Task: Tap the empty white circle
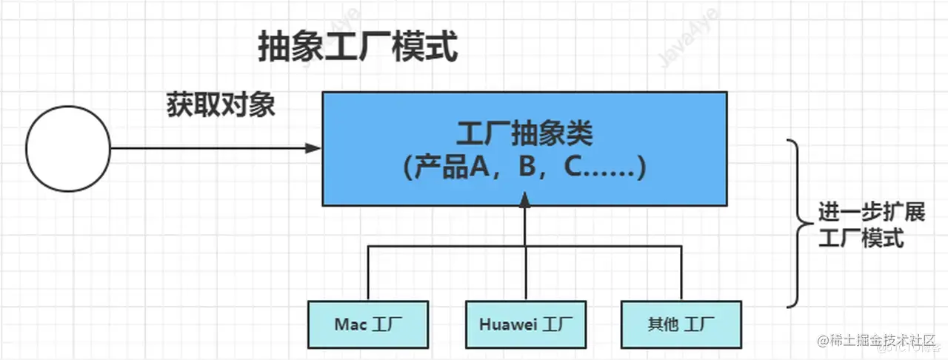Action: tap(68, 148)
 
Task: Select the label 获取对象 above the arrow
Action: tap(221, 105)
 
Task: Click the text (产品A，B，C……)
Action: tap(524, 168)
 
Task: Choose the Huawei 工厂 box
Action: tap(525, 324)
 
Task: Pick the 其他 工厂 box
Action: tap(681, 324)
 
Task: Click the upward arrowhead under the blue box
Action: tap(524, 199)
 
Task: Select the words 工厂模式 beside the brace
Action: tap(862, 239)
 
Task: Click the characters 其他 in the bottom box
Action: tap(662, 324)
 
